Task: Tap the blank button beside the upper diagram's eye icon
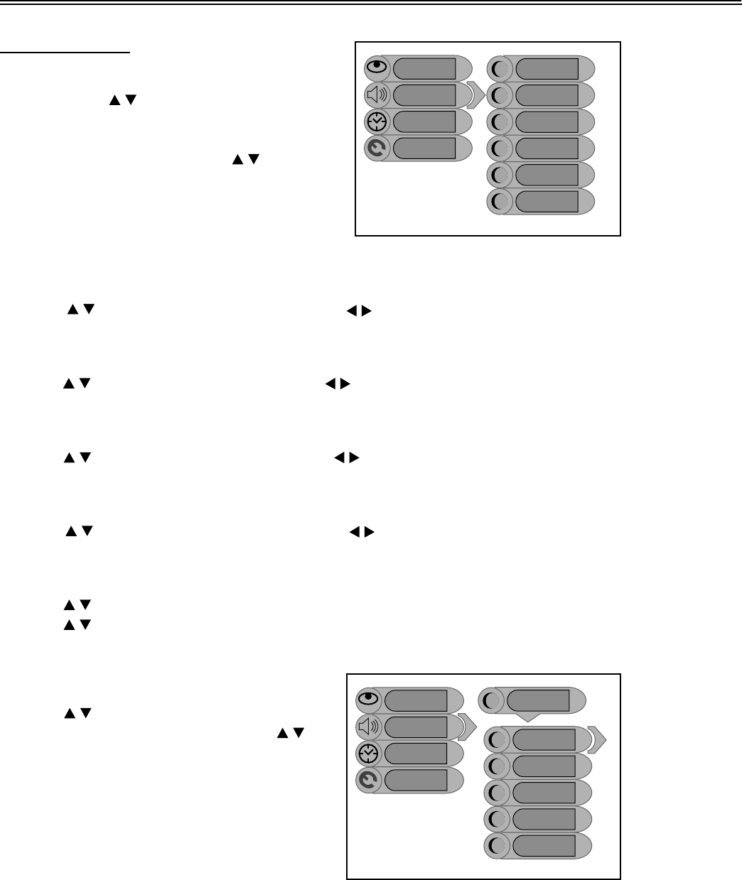coord(424,68)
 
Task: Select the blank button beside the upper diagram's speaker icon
coord(424,95)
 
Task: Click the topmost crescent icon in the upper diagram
coord(500,68)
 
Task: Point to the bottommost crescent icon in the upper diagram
coord(500,202)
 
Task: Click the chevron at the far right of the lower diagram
coord(598,739)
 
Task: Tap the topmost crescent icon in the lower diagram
coord(491,700)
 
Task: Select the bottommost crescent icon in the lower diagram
coord(497,846)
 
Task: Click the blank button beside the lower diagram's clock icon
coord(416,753)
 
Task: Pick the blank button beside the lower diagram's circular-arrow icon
coord(416,780)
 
